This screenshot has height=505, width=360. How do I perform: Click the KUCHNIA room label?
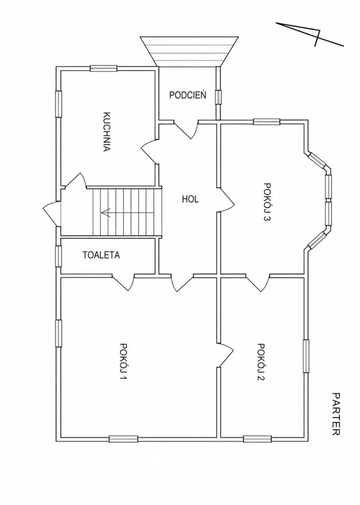(107, 132)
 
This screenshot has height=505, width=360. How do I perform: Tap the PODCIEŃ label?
(188, 95)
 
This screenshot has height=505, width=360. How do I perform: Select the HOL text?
(190, 199)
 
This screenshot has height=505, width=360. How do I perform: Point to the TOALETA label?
(101, 255)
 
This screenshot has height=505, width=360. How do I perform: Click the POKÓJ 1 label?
(123, 362)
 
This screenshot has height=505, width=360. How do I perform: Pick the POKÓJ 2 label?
(261, 362)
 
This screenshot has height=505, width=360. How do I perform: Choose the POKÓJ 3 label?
(267, 202)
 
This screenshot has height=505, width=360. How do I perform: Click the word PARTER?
(336, 414)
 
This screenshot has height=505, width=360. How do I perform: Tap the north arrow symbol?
(310, 34)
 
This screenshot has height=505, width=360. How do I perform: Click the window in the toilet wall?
(58, 256)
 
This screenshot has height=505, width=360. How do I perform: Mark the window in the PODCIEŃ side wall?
(219, 97)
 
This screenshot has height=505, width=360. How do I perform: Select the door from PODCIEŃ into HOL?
(186, 129)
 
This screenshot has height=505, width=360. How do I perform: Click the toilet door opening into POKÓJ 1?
(124, 282)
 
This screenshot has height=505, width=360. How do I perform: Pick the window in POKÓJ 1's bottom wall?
(123, 439)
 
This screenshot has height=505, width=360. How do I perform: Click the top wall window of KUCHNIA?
(104, 68)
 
